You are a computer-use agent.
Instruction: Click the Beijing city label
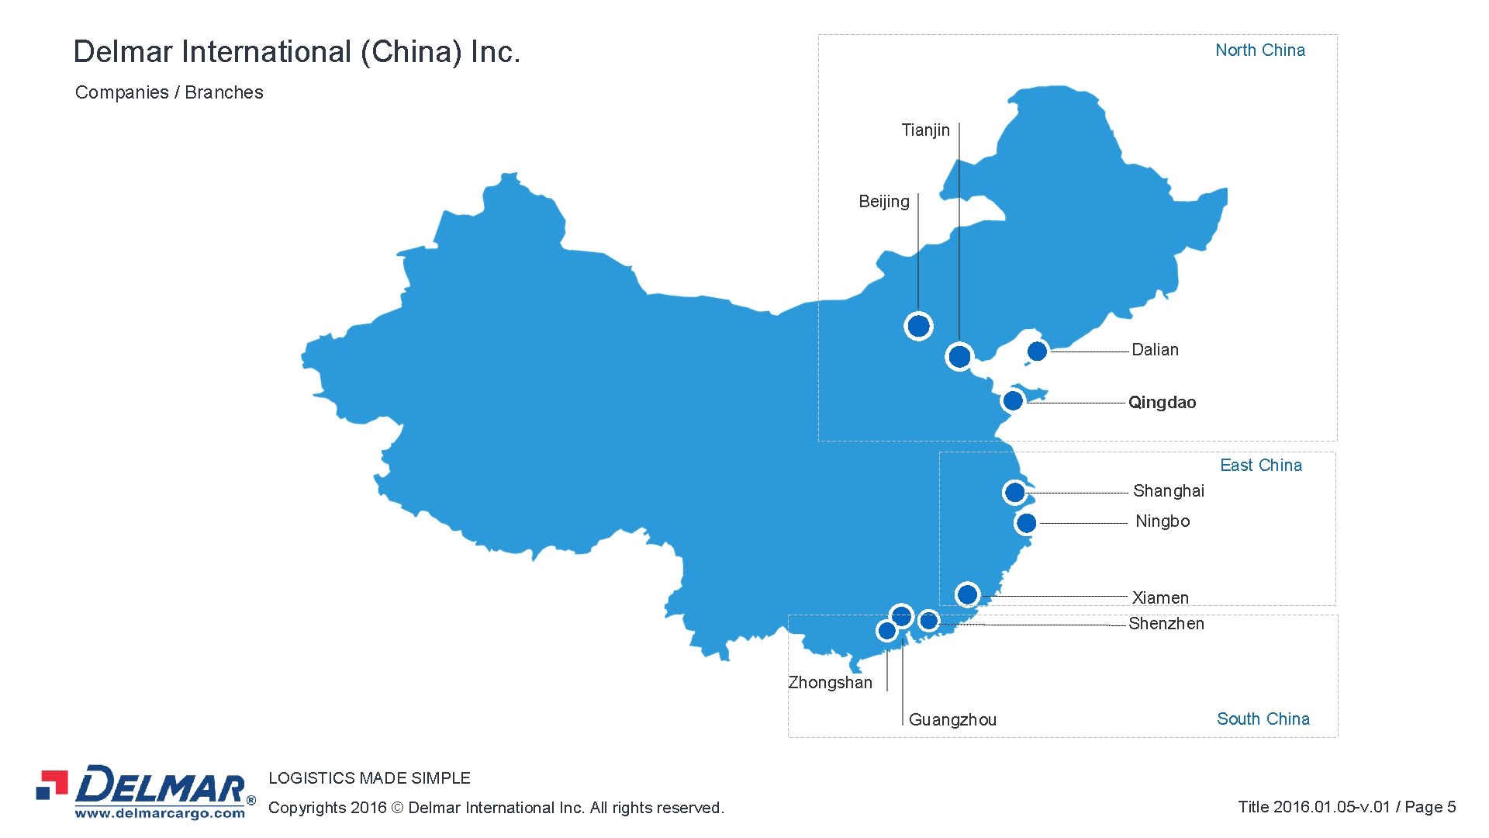tap(883, 202)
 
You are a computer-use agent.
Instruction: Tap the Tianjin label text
tap(924, 130)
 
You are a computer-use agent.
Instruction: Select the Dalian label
tap(1155, 350)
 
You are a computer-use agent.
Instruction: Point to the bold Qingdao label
tap(1162, 403)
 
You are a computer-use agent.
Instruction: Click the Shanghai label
tap(1168, 491)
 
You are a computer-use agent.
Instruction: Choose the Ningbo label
tap(1162, 521)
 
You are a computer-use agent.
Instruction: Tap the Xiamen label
tap(1159, 597)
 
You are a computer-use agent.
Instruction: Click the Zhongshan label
tap(830, 683)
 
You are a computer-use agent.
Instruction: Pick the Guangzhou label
tap(952, 720)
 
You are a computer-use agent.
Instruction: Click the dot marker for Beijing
tap(918, 326)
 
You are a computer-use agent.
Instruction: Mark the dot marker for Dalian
tap(1037, 351)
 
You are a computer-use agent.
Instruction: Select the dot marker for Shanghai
tap(1014, 493)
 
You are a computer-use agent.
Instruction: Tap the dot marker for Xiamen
tap(967, 595)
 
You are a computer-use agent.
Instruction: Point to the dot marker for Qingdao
tap(1013, 401)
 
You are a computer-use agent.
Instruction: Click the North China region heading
tap(1259, 50)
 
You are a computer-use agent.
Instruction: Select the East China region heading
tap(1260, 466)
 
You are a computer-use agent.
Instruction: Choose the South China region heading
tap(1263, 719)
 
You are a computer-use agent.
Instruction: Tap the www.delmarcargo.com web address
tap(160, 814)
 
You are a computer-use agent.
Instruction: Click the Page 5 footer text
tap(1430, 807)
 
